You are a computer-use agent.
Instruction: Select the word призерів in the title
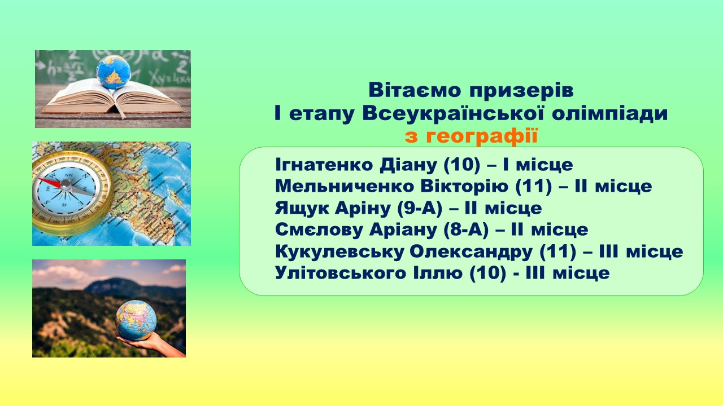(x=521, y=91)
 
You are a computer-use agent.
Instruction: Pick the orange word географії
(x=482, y=136)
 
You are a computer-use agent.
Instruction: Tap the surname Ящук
(x=302, y=209)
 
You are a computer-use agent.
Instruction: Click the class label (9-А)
(x=419, y=208)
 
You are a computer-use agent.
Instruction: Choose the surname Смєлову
(x=319, y=230)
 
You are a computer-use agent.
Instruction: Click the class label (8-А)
(x=466, y=230)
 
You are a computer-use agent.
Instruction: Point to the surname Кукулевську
(x=339, y=252)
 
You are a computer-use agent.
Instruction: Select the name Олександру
(x=471, y=252)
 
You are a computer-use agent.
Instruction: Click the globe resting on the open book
(x=113, y=72)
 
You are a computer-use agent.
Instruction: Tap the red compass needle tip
(x=40, y=179)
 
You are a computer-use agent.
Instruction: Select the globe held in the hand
(x=136, y=320)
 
